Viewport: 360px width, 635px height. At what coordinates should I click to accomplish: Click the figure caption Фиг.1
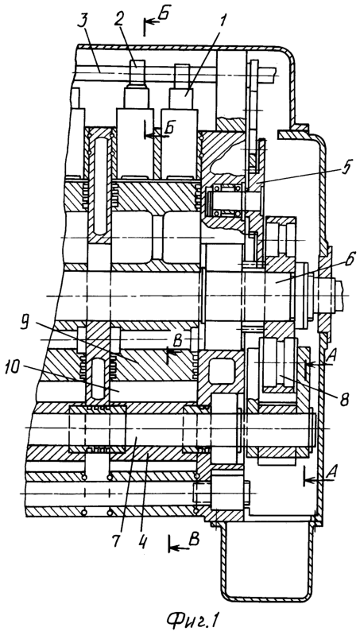point(192,620)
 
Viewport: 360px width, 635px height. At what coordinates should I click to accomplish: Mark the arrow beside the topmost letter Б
point(153,23)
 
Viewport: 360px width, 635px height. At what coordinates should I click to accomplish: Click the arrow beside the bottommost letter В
point(177,548)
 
